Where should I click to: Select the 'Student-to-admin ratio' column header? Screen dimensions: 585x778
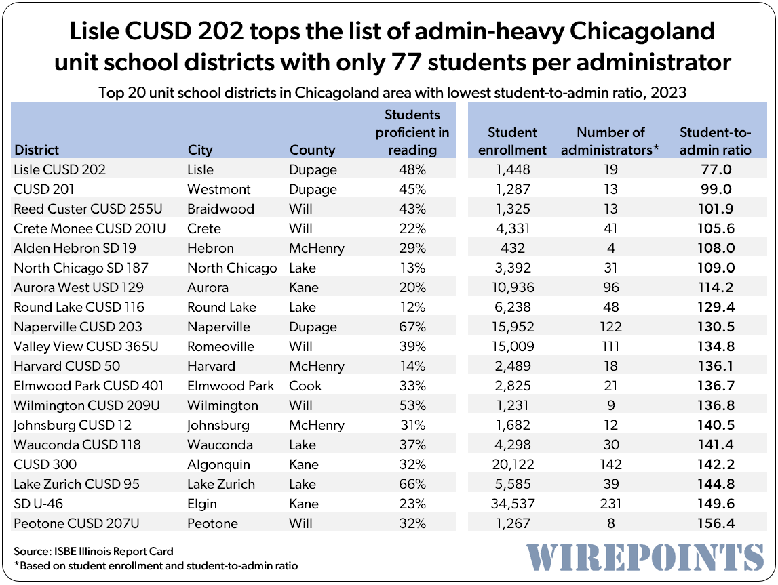pyautogui.click(x=716, y=141)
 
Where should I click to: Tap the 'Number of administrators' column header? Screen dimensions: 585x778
pyautogui.click(x=610, y=141)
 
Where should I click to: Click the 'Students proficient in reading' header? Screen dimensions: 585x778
pyautogui.click(x=412, y=132)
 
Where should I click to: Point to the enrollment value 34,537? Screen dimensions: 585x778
pyautogui.click(x=512, y=504)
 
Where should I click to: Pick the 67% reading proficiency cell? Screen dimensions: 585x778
pyautogui.click(x=412, y=327)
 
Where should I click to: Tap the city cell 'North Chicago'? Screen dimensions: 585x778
pyautogui.click(x=232, y=268)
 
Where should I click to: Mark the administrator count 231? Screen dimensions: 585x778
pyautogui.click(x=610, y=504)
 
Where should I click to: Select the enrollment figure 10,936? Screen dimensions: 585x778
pyautogui.click(x=512, y=287)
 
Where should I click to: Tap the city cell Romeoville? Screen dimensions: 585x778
pyautogui.click(x=220, y=346)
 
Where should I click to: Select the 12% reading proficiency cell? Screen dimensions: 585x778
pyautogui.click(x=412, y=307)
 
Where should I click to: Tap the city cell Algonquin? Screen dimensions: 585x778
pyautogui.click(x=218, y=464)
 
